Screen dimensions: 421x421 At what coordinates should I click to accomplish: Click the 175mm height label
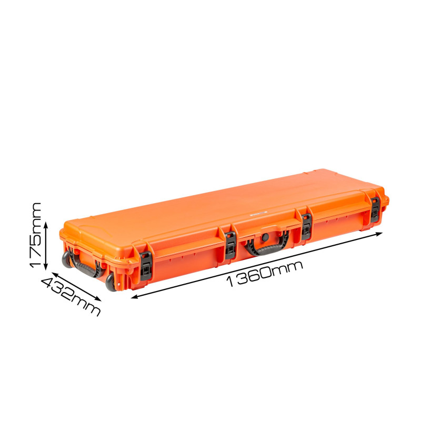[x=35, y=235]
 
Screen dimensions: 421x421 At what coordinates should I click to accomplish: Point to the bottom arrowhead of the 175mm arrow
[x=46, y=267]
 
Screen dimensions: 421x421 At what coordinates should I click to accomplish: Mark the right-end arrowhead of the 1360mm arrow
[x=379, y=234]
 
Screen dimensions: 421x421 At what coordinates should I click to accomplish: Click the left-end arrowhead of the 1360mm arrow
[x=134, y=297]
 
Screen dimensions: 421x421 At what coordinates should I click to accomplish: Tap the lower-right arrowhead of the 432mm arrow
[x=98, y=299]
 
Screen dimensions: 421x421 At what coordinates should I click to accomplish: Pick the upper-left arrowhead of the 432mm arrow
[x=55, y=274]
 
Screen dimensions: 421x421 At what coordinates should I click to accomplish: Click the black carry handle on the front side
[x=266, y=247]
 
